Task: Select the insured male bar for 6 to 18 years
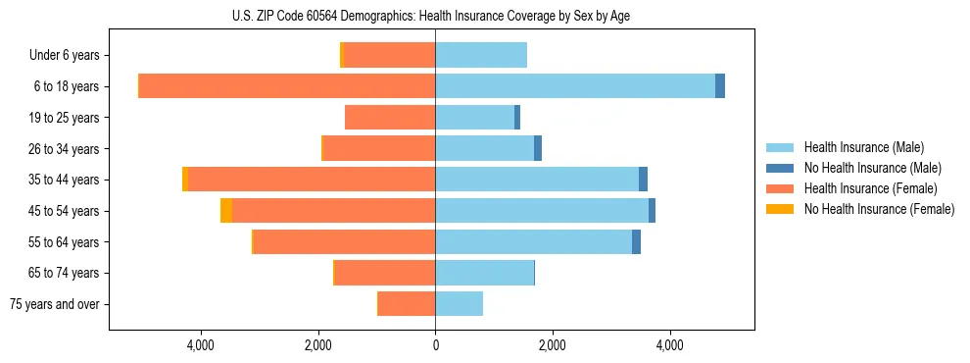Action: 575,86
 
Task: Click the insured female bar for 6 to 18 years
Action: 287,86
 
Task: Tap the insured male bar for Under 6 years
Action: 481,55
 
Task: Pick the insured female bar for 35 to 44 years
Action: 312,180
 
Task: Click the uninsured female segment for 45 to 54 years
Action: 226,211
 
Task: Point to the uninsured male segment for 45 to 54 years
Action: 653,211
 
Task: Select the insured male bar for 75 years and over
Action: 459,304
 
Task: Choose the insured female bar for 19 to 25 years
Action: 390,118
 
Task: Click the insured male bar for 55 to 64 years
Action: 534,241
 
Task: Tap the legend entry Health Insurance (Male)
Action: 863,147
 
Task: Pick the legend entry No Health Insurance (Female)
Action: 879,209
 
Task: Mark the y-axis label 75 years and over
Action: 54,304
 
